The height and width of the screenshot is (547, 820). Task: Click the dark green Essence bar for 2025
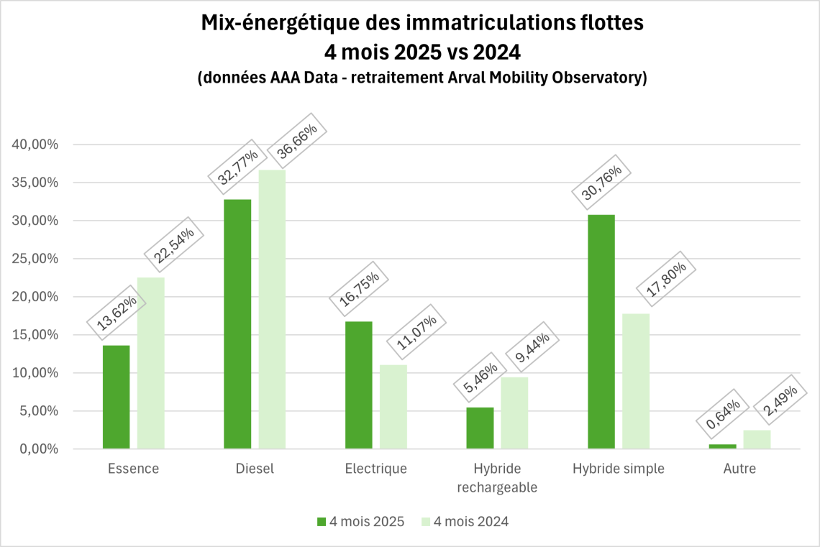point(116,397)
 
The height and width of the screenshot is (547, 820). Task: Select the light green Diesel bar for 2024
point(272,309)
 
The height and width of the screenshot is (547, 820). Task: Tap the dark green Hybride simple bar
point(601,331)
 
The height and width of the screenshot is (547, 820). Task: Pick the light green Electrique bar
point(393,407)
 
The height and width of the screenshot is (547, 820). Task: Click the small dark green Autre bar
point(722,446)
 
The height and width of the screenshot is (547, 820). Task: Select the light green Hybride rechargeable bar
point(514,413)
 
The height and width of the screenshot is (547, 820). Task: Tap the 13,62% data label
point(117,315)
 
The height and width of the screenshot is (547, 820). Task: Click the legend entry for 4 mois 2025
point(360,522)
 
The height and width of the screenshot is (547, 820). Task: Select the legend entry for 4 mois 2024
point(464,522)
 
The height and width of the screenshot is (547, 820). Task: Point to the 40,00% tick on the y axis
point(35,144)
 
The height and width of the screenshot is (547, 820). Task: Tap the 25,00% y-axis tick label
point(35,259)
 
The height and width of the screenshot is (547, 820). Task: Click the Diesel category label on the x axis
point(255,469)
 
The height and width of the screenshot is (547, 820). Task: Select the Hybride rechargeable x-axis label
point(497,477)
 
